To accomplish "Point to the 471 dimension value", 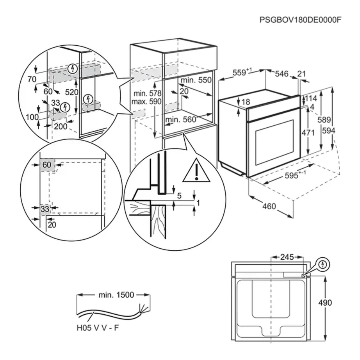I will point(308,133).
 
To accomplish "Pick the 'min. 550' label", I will point(196,80).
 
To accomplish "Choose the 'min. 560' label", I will point(180,120).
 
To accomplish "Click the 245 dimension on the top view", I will point(287,257).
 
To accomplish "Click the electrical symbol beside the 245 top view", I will point(323,265).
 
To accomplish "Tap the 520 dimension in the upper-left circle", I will point(72,92).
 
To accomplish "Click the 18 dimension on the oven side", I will point(246,102).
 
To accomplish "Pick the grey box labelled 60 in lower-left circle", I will point(47,165).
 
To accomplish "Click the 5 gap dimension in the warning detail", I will point(179,196).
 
